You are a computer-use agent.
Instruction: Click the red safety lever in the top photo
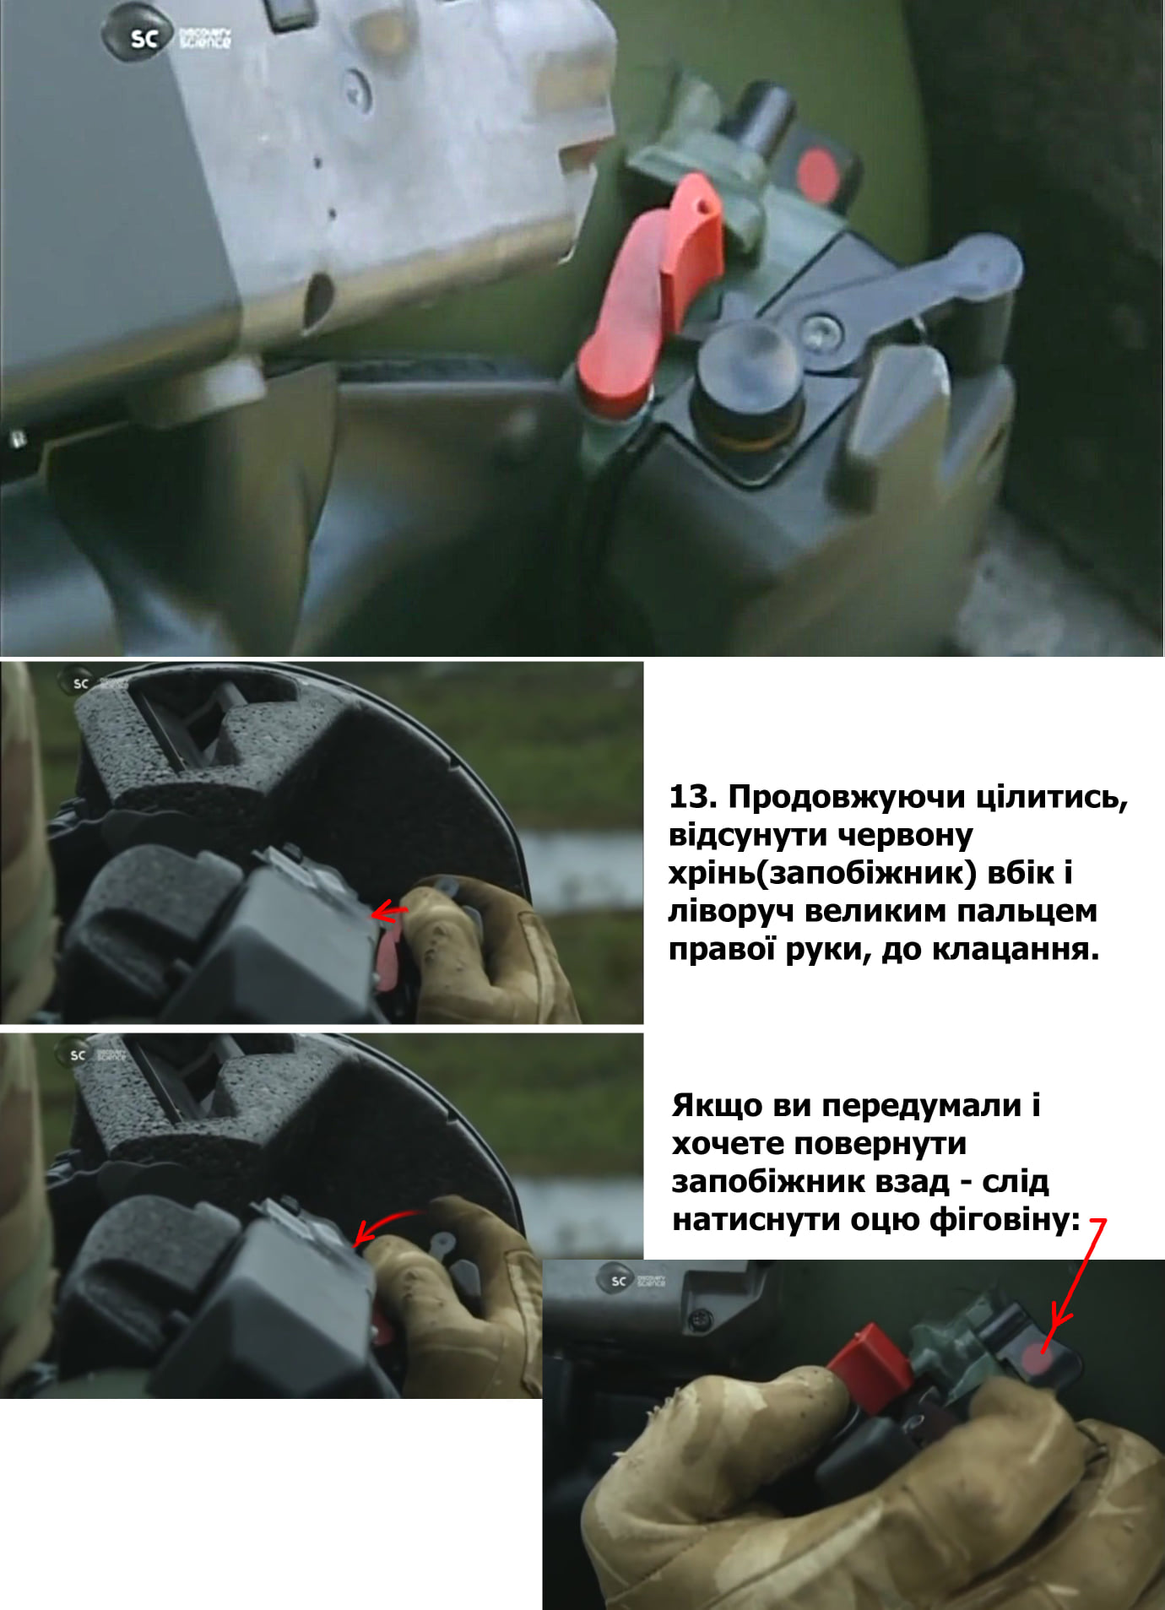coord(654,291)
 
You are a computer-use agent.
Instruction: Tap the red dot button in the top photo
coord(817,173)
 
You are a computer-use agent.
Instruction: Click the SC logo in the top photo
coord(144,37)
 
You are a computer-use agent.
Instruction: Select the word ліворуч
coord(732,912)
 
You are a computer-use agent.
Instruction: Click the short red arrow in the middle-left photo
coord(389,911)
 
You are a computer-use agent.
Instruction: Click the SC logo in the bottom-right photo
coord(619,1280)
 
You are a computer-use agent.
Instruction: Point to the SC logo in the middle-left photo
coord(79,683)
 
